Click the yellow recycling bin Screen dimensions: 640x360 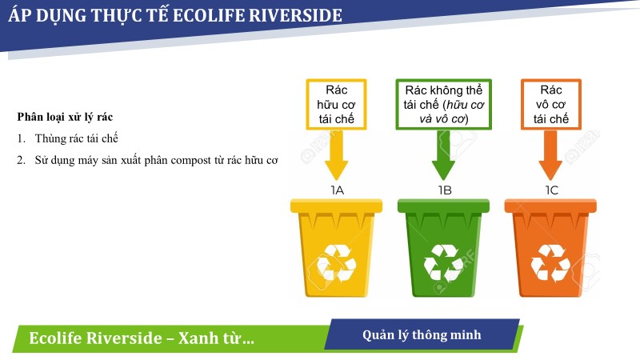(336, 248)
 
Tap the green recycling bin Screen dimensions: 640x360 (443, 248)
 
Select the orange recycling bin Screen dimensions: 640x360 (550, 248)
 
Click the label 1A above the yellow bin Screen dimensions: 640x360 (337, 190)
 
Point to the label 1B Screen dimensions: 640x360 (445, 190)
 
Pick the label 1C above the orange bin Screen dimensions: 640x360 (552, 190)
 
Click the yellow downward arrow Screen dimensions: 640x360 (336, 155)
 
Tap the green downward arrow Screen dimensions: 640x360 (443, 155)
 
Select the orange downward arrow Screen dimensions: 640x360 (550, 155)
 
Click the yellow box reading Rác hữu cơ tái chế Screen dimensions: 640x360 (336, 105)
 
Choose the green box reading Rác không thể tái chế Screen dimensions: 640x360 (444, 105)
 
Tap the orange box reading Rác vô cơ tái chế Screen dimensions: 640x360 (551, 105)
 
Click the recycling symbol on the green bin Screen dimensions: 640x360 (443, 263)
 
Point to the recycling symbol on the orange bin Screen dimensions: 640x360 (550, 263)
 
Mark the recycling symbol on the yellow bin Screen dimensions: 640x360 (336, 263)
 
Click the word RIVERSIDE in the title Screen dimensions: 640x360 (295, 15)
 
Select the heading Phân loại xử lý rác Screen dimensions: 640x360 (65, 117)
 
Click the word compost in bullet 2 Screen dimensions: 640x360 (190, 161)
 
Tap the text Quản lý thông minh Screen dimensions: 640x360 (422, 335)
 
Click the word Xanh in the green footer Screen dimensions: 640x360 (198, 338)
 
